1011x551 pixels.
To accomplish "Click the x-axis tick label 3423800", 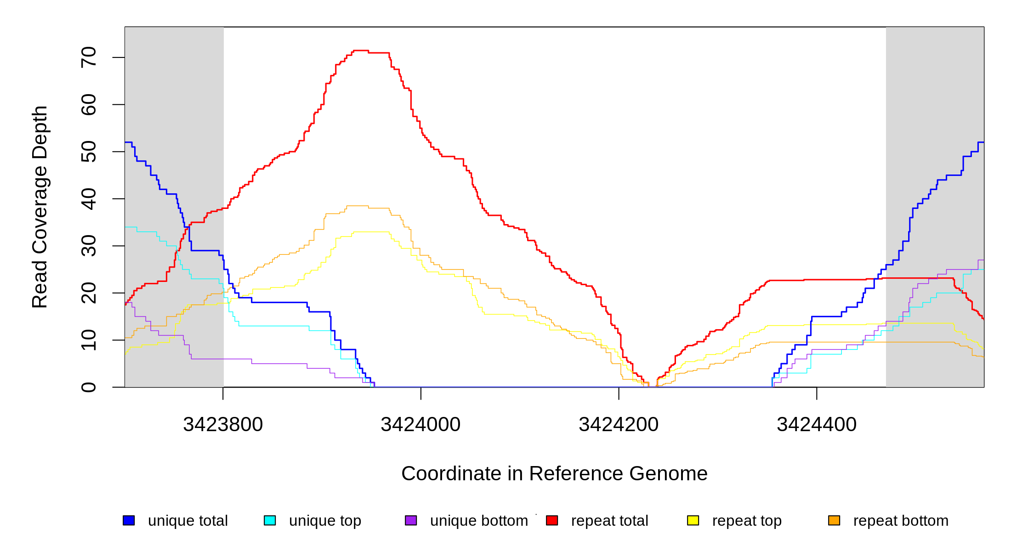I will click(223, 425).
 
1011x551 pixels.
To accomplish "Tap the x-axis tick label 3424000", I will click(420, 425).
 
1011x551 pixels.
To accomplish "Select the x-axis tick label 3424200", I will click(619, 425).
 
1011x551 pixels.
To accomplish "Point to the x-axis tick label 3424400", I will click(817, 425).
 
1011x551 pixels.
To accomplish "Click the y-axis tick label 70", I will click(89, 57).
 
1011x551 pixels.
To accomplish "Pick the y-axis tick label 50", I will click(89, 152).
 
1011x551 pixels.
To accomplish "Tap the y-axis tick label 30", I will click(89, 246).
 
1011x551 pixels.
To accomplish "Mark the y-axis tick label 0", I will click(89, 387).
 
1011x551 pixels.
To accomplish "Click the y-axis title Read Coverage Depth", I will click(40, 207).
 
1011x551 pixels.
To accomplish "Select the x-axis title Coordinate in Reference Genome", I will click(554, 473).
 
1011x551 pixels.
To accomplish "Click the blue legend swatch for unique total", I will click(129, 520).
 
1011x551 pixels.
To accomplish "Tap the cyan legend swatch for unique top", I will click(270, 520).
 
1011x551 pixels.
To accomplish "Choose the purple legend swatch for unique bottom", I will click(411, 520).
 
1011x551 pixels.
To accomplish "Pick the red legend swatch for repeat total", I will click(552, 520).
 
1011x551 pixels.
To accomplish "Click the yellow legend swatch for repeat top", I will click(693, 520).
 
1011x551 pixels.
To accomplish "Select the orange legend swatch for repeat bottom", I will click(834, 520).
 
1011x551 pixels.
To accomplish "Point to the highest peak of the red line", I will click(361, 51).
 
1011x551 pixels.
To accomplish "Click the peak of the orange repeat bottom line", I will click(358, 206).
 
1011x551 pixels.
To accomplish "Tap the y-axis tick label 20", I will click(89, 293).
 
